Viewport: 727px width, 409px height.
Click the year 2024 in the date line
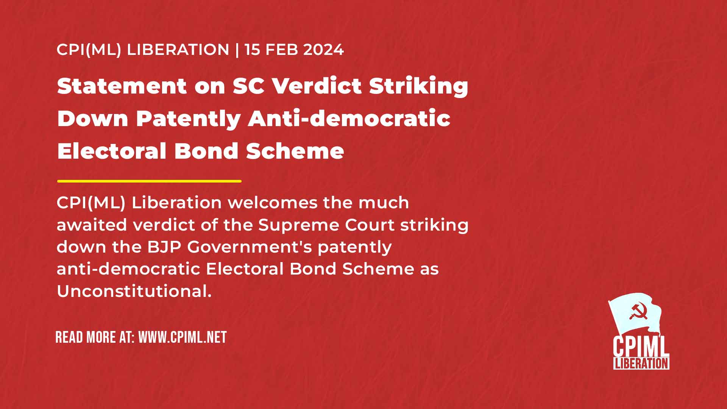pyautogui.click(x=323, y=50)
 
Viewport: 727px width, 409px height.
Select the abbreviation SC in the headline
pyautogui.click(x=248, y=86)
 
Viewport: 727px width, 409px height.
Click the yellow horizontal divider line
pyautogui.click(x=149, y=181)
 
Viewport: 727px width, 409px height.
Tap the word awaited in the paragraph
pyautogui.click(x=92, y=225)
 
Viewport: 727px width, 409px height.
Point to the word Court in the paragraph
pyautogui.click(x=370, y=225)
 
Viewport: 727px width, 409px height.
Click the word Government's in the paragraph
pyautogui.click(x=250, y=247)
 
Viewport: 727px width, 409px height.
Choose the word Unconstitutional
pyautogui.click(x=134, y=291)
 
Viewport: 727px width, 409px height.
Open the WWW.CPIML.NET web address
pyautogui.click(x=183, y=337)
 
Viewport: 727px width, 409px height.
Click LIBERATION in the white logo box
pyautogui.click(x=641, y=364)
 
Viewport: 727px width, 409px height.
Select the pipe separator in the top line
pyautogui.click(x=237, y=50)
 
